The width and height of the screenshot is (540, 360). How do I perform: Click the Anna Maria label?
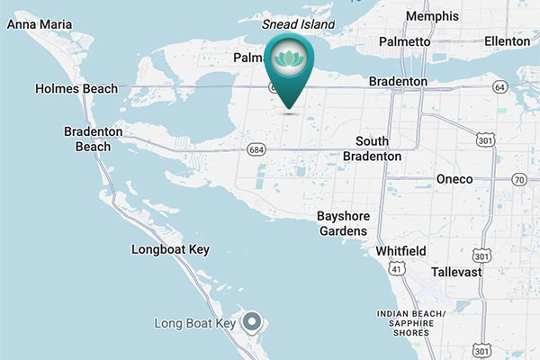click(x=40, y=24)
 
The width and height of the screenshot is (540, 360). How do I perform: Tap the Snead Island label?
click(x=298, y=24)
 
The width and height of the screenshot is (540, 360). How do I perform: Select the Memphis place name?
click(x=432, y=17)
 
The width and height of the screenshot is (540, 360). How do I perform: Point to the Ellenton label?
click(x=506, y=41)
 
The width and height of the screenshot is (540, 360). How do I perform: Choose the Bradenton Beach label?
click(x=86, y=139)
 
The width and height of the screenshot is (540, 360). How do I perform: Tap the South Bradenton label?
click(x=372, y=148)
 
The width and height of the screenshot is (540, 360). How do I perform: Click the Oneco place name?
click(x=454, y=179)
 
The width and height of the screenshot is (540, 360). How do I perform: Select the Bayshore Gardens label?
click(x=342, y=223)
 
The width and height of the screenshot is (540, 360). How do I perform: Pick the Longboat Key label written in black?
click(x=170, y=248)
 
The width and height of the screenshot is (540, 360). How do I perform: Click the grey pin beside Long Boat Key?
click(x=253, y=321)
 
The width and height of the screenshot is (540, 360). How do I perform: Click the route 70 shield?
click(x=518, y=180)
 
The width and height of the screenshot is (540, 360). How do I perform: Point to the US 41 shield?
click(x=396, y=268)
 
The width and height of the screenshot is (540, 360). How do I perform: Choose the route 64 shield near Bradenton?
click(x=499, y=86)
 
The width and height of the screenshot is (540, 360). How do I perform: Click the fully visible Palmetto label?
click(x=404, y=41)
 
